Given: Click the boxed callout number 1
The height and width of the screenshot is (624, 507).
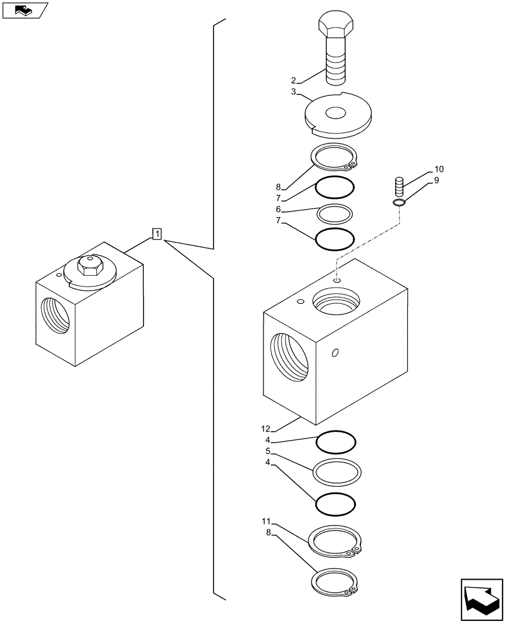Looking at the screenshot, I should tap(157, 235).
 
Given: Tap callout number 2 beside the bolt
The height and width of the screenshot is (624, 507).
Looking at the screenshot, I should tap(293, 80).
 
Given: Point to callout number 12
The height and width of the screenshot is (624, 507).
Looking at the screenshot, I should tap(266, 429).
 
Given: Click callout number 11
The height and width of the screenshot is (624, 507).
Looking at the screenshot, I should tap(266, 521).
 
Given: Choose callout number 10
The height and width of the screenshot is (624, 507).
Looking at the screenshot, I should tap(439, 169).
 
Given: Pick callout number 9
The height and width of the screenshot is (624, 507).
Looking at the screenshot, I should tap(437, 180).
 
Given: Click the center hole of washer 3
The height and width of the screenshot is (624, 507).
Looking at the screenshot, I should tap(336, 114).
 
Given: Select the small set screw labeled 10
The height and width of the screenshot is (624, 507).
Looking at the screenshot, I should tap(400, 186).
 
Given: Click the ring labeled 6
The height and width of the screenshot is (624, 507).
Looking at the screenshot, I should tap(335, 214).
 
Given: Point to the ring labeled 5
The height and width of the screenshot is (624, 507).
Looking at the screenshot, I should tap(337, 472).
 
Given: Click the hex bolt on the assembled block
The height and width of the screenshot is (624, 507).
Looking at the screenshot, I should tap(91, 266).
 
